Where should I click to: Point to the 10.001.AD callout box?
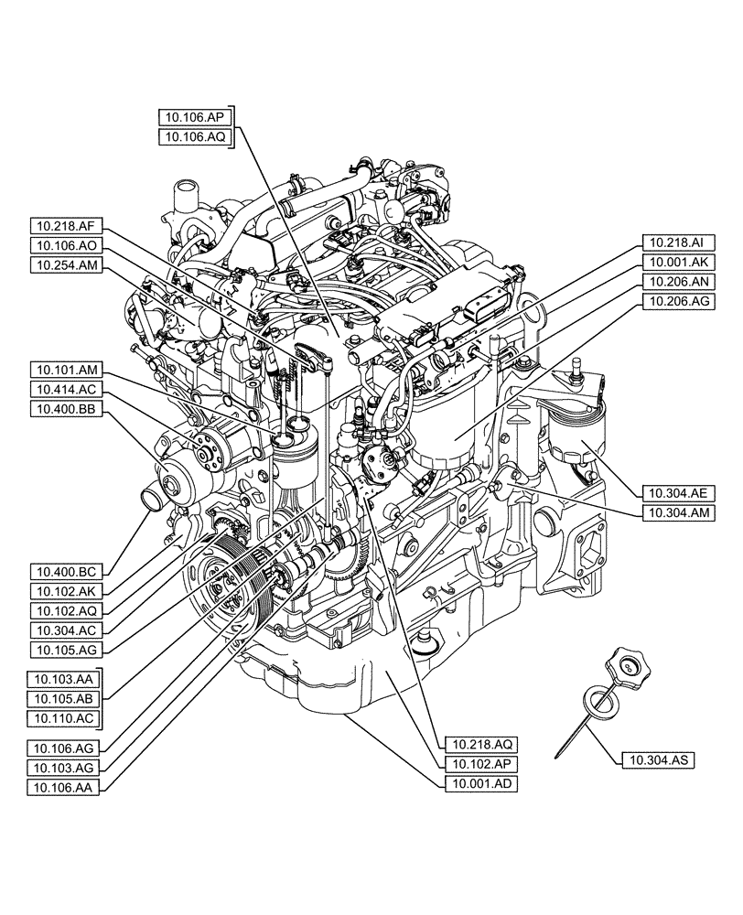coord(478,784)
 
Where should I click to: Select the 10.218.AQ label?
coord(478,744)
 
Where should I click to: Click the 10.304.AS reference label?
coord(657,759)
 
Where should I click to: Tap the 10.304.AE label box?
coord(676,491)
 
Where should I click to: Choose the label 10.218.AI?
coord(676,242)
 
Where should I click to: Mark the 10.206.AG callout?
coord(676,301)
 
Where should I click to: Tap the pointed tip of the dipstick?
coord(558,756)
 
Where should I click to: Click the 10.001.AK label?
coord(676,262)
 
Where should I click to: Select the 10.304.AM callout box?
coord(676,511)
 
